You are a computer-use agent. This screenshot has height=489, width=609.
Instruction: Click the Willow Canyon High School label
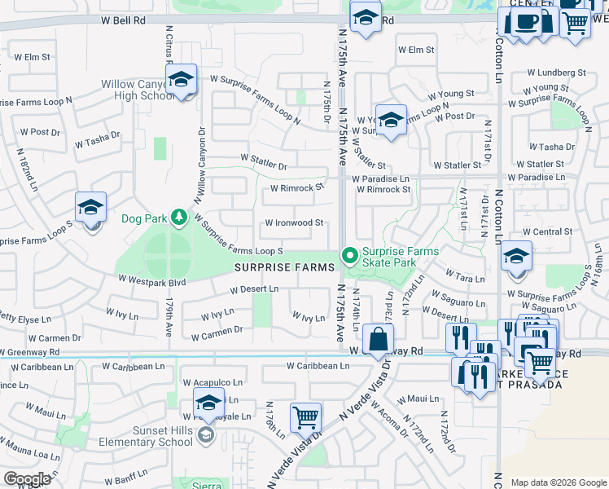[x=136, y=90]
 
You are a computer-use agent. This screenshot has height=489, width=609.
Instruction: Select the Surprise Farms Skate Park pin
[x=350, y=257]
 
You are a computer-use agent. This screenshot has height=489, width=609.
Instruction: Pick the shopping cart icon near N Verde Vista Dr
[x=305, y=416]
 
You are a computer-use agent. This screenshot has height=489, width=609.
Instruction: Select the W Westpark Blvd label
[x=151, y=281]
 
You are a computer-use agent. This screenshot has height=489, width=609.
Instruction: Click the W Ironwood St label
[x=294, y=222]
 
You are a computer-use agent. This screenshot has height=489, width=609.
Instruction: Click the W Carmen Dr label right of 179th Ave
[x=217, y=330]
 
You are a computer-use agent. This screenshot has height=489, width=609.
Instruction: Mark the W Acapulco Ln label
[x=212, y=381]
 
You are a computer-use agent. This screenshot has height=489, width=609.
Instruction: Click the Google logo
[x=27, y=479]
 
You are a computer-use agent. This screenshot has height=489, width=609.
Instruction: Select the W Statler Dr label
[x=264, y=166]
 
